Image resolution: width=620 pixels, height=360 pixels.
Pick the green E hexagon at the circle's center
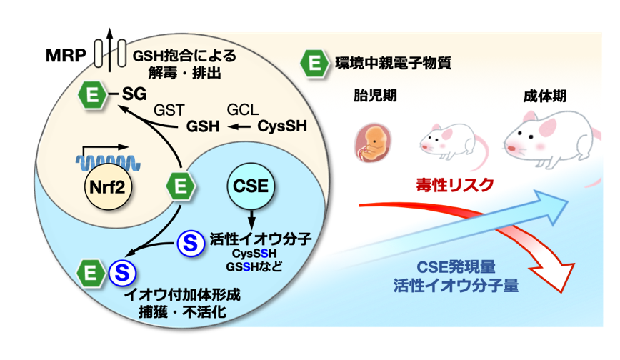[181, 187]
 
